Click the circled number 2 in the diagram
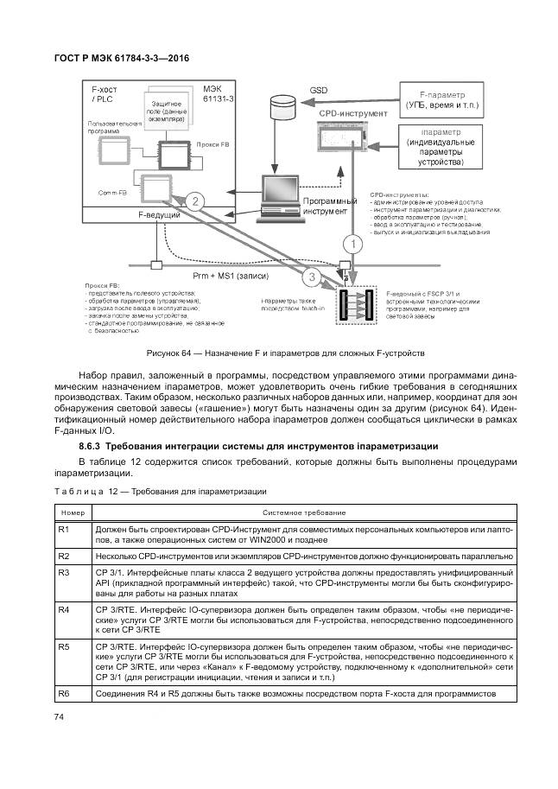click(195, 203)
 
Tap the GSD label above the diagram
click(320, 89)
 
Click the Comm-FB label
click(112, 192)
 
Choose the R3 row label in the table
click(63, 572)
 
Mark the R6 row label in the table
click(63, 694)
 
